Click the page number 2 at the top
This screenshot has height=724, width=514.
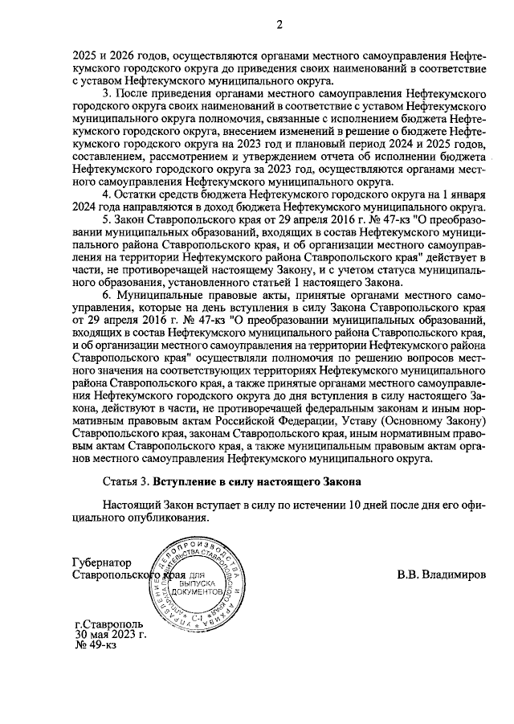coord(279,23)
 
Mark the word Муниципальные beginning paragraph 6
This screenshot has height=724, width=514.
coord(163,297)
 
